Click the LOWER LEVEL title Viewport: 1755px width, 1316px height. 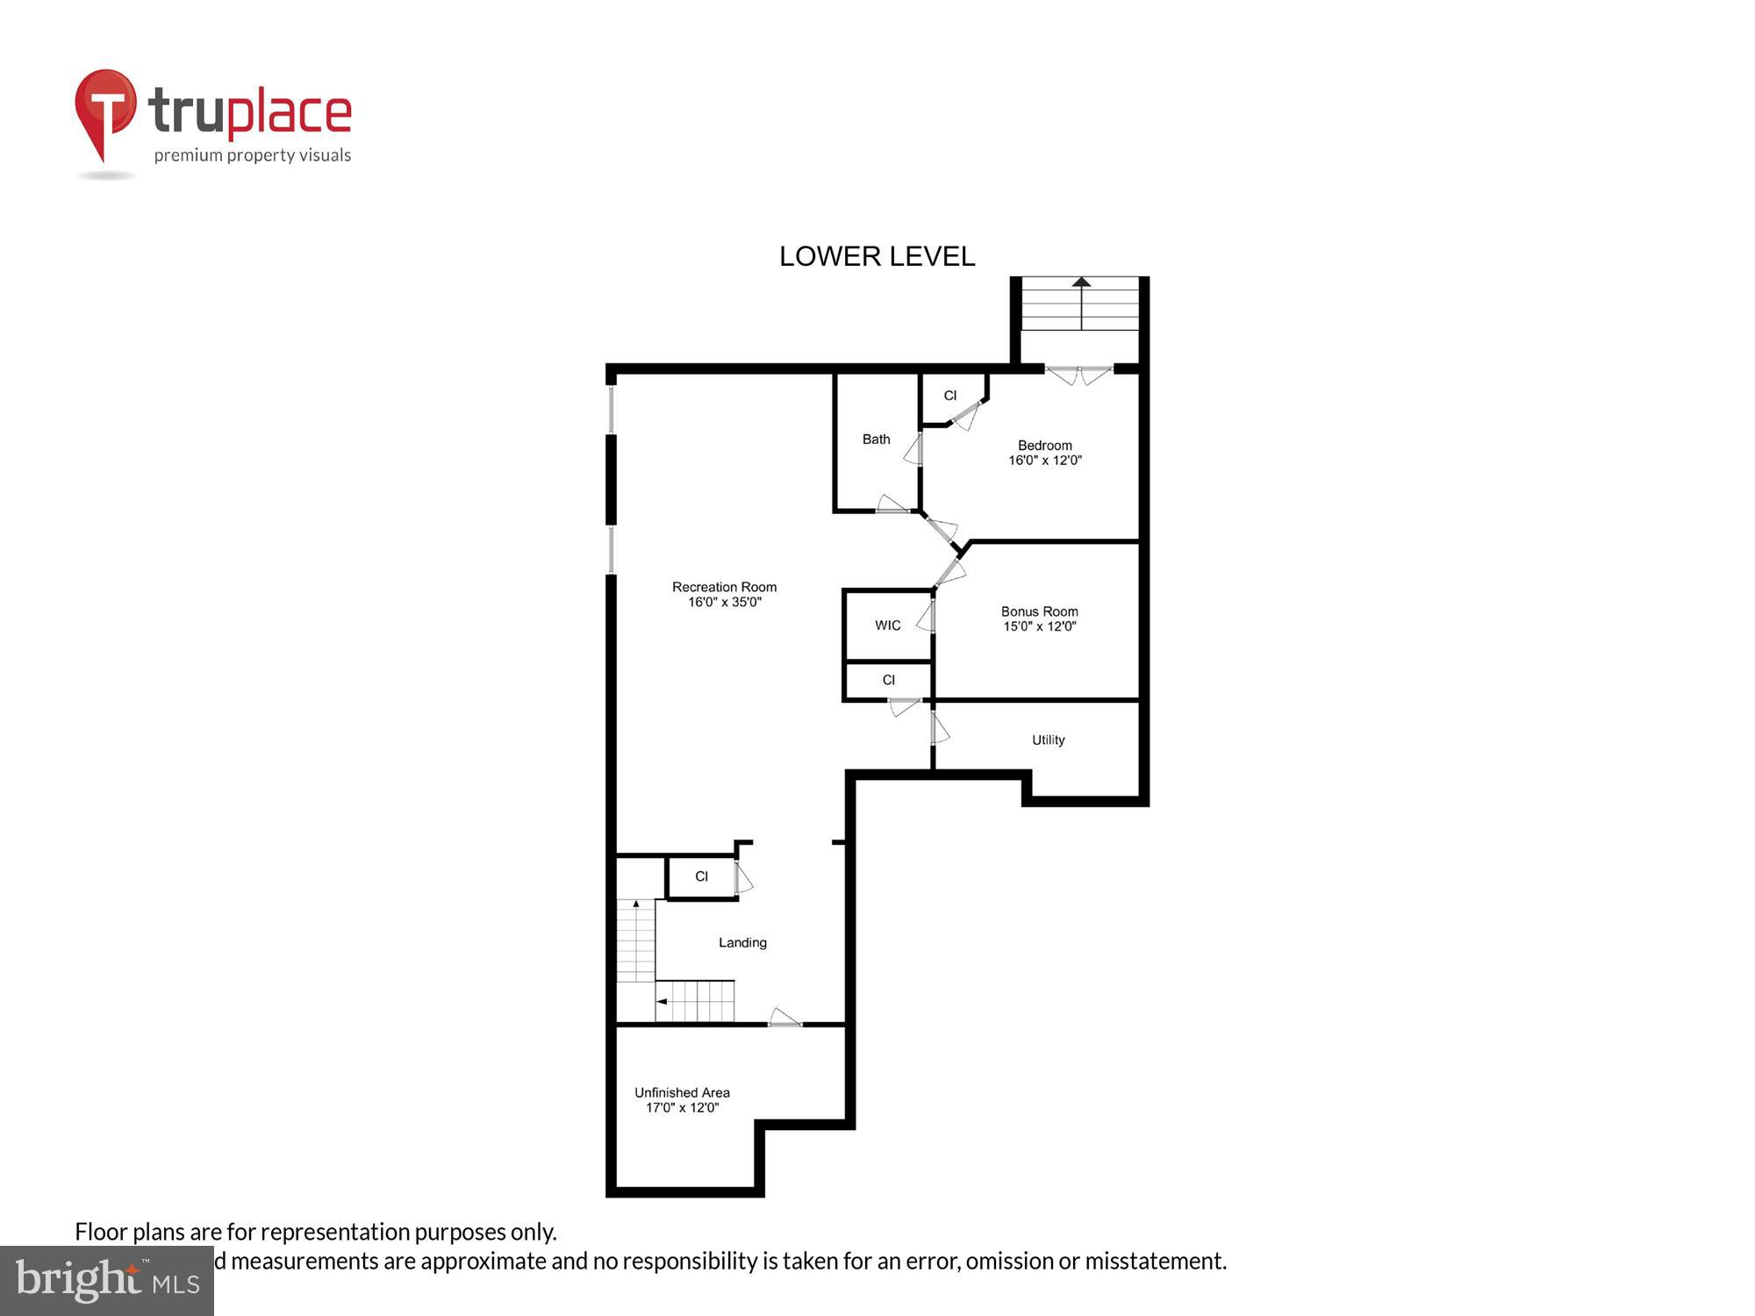(877, 256)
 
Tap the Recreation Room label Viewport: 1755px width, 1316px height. (724, 587)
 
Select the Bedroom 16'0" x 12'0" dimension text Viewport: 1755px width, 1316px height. (1044, 461)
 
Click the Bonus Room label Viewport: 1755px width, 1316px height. (1039, 612)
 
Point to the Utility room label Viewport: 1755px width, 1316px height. (1048, 740)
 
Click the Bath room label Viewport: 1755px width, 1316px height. (876, 439)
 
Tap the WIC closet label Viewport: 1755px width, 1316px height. (887, 626)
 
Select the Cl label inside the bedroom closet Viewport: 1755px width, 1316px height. (949, 396)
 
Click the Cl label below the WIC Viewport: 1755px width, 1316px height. (888, 680)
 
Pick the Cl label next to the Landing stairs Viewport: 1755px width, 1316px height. (701, 876)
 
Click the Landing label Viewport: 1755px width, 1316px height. (742, 942)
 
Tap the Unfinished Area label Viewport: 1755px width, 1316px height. (682, 1092)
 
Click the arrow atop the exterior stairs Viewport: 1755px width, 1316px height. (1081, 283)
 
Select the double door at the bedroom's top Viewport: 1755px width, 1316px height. (1079, 375)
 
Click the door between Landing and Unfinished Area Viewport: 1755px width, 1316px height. (784, 1019)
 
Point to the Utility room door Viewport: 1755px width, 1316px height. (938, 728)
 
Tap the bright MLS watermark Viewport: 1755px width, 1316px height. (107, 1281)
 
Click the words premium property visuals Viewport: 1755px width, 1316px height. (253, 155)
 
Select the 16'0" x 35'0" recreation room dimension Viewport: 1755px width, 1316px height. (724, 603)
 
